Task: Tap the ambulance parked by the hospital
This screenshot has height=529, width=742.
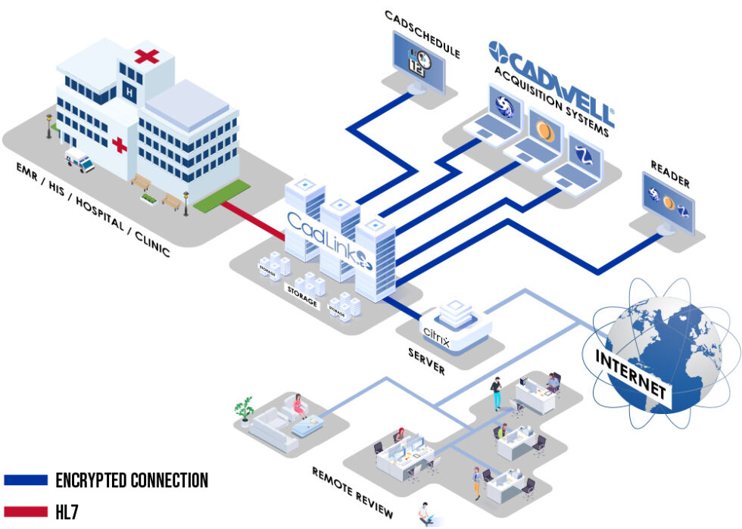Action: point(79,160)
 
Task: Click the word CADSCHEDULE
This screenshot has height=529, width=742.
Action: point(422,33)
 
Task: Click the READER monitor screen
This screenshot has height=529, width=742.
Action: point(669,200)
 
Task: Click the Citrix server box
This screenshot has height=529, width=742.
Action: point(455,326)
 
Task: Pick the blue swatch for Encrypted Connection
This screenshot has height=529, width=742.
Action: point(26,480)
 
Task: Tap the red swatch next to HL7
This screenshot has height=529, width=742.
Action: point(26,512)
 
